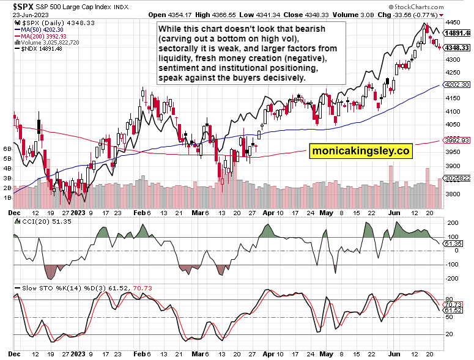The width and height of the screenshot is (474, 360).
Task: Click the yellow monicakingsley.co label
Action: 360,150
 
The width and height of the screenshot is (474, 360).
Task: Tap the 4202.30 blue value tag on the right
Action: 456,85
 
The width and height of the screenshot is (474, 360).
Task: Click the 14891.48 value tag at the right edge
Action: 457,32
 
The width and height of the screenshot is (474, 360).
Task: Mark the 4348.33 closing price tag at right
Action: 456,47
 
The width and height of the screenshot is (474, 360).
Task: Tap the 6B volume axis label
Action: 8,149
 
